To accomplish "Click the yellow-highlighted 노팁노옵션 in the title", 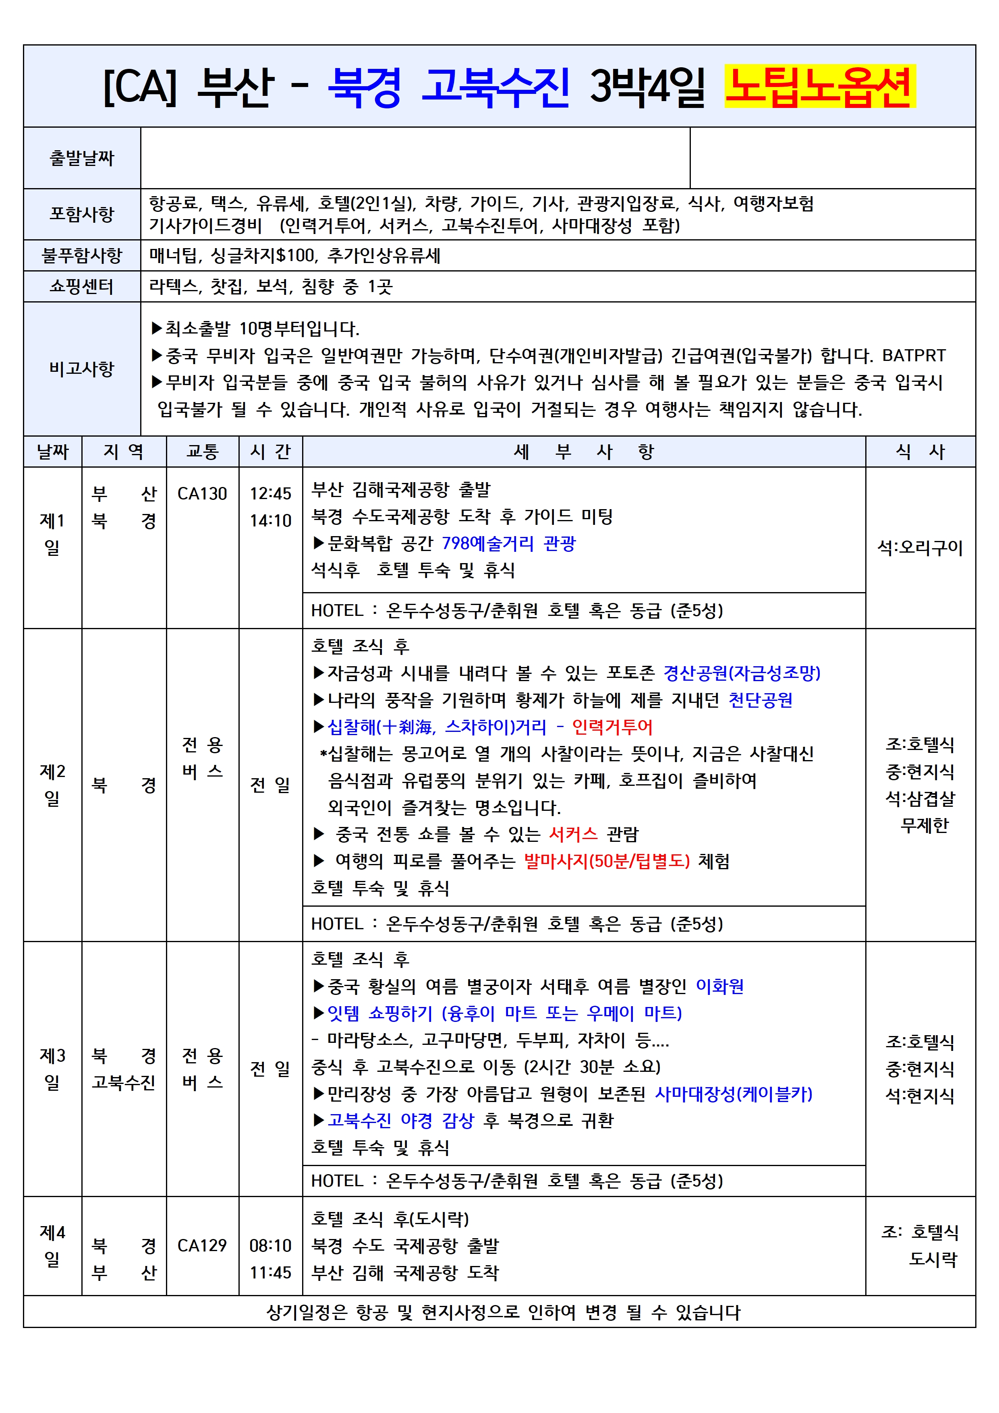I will (x=819, y=86).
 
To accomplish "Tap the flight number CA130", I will (x=202, y=493).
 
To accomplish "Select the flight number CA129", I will (x=202, y=1245).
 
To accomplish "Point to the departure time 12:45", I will (x=270, y=493).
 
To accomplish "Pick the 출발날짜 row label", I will (x=82, y=158).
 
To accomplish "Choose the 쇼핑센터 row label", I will (x=82, y=286).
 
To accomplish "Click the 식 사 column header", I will (x=920, y=452).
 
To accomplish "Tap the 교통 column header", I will (x=203, y=452).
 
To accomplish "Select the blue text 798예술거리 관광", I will (x=508, y=543).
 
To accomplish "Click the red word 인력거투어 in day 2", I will (x=612, y=727).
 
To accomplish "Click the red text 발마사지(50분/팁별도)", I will (x=607, y=861).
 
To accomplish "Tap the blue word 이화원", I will (x=719, y=986).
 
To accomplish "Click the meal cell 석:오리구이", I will (x=920, y=548).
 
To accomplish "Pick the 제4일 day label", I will (x=52, y=1245).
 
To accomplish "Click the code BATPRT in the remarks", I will (x=914, y=356).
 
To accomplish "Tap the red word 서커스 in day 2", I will (x=573, y=834).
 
